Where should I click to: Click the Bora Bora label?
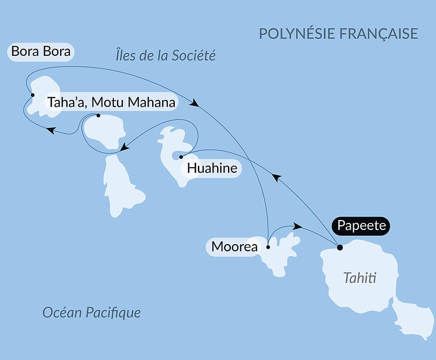click(41, 51)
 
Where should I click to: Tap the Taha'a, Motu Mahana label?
click(111, 103)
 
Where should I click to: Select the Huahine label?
click(212, 168)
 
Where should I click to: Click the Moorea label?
click(234, 247)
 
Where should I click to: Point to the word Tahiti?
click(360, 278)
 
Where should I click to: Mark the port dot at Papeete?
click(340, 247)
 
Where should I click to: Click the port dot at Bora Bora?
click(32, 95)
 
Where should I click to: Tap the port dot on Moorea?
click(268, 247)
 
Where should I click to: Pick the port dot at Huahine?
click(181, 157)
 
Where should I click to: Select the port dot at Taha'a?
click(98, 116)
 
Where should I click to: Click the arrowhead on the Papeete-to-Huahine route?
click(276, 177)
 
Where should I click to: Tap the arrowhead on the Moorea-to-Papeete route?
click(297, 226)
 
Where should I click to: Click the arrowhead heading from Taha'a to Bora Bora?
click(51, 130)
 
